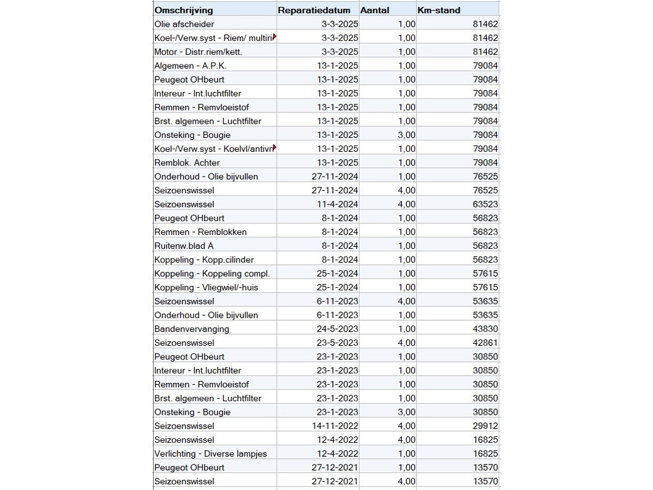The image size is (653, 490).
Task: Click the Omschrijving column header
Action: [184, 10]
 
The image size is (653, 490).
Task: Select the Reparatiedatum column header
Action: [314, 10]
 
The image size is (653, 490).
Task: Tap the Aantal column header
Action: [375, 10]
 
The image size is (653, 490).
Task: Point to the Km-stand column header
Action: [439, 10]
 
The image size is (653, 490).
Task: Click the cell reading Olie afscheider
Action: [184, 24]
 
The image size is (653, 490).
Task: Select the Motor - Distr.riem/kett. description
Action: [198, 52]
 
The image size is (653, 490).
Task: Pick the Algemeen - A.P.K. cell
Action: [190, 66]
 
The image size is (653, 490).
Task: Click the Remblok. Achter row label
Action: [187, 163]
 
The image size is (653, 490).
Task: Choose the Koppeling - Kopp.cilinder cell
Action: [204, 260]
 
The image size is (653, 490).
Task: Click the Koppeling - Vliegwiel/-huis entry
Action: [206, 287]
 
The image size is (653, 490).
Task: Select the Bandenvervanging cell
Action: [191, 329]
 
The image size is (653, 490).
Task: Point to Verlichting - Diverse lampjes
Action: [210, 454]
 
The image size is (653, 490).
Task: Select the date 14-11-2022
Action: [335, 426]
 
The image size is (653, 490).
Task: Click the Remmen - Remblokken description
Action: [200, 232]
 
